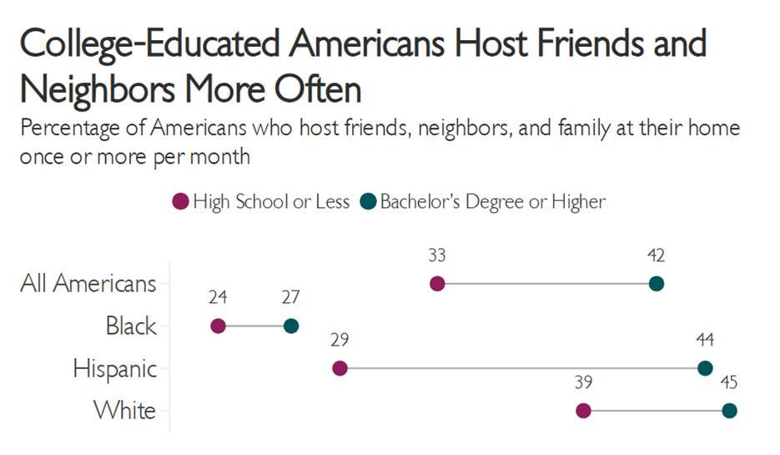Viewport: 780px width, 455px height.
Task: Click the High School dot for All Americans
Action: tap(437, 284)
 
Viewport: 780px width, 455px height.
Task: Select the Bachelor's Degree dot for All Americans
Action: tap(657, 284)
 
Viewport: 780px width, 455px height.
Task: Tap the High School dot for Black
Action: tap(219, 326)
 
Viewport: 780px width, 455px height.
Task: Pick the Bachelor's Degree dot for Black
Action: tap(291, 326)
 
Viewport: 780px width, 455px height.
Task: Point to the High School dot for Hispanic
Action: tap(340, 368)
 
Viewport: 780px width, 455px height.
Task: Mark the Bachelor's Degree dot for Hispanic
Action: tap(705, 368)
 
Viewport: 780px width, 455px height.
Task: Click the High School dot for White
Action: tap(583, 410)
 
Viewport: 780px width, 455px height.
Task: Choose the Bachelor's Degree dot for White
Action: tap(730, 410)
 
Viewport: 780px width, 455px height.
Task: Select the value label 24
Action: tap(219, 297)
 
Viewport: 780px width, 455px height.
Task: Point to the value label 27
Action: tap(290, 297)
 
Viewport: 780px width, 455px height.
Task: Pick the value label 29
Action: tap(339, 340)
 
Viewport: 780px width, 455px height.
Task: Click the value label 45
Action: tap(729, 382)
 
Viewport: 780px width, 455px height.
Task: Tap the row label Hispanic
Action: tap(114, 368)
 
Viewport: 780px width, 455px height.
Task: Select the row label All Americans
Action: tap(88, 284)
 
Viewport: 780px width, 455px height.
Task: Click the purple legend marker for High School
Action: tap(180, 201)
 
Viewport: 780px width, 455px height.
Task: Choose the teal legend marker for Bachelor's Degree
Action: tap(367, 201)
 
